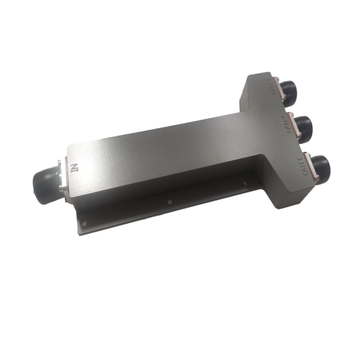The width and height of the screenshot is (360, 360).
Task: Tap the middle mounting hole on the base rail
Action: click(x=170, y=202)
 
